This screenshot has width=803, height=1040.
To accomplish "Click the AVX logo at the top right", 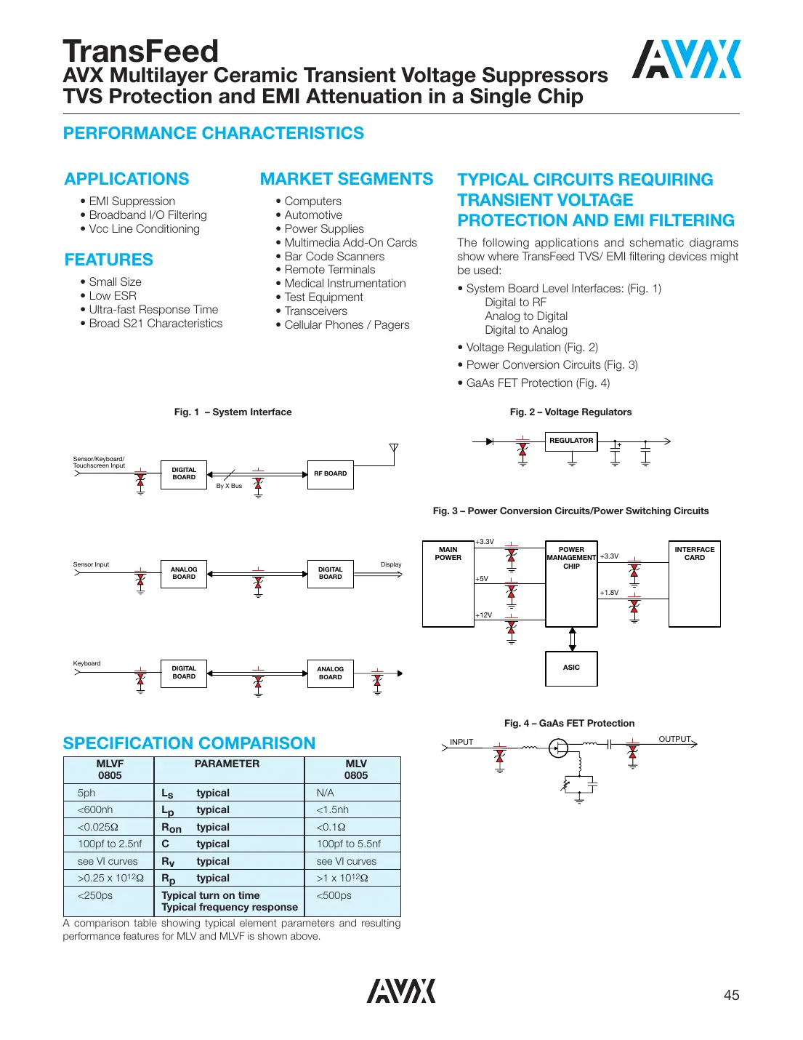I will (x=686, y=60).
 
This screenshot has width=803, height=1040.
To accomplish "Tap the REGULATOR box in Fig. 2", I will (x=571, y=441).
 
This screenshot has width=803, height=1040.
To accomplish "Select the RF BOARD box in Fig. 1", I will (x=330, y=474).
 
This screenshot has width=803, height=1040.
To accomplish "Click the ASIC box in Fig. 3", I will (x=571, y=668).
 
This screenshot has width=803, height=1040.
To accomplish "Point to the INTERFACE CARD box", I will (x=694, y=583).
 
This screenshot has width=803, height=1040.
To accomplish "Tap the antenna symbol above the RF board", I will (x=394, y=448).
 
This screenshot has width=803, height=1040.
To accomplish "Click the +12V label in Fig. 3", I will (x=484, y=615).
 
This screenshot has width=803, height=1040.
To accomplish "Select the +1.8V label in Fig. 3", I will (x=609, y=593).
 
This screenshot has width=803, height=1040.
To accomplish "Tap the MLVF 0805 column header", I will (x=110, y=769).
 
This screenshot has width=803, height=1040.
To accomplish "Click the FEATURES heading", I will (x=109, y=260).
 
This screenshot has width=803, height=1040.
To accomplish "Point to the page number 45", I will (x=731, y=995).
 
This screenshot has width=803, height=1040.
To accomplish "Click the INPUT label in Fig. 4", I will (x=461, y=742).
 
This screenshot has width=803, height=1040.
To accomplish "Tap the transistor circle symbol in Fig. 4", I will (x=558, y=748).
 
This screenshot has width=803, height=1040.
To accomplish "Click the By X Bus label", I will (x=229, y=486).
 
